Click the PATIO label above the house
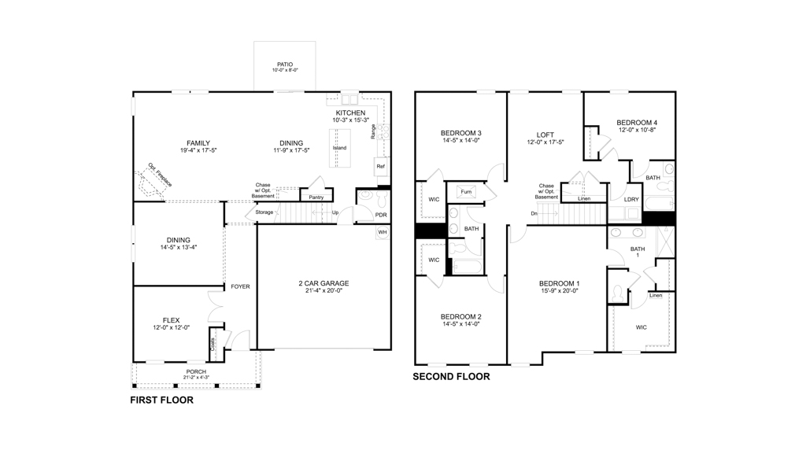tap(285, 65)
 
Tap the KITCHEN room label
tap(349, 113)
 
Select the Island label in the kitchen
tap(339, 148)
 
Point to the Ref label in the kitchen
tap(381, 167)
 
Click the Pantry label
tap(316, 197)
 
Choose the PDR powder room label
tap(381, 215)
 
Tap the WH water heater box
tap(383, 233)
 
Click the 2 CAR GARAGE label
tap(324, 283)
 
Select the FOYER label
tap(240, 286)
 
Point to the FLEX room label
tap(171, 320)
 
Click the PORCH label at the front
tap(196, 371)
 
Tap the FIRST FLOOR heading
tap(161, 400)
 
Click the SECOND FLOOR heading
tap(451, 377)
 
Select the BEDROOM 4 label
tap(636, 123)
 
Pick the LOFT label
tap(545, 135)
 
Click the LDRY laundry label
tap(631, 199)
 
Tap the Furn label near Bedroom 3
tap(466, 192)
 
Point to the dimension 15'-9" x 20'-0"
tap(559, 290)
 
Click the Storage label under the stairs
tap(264, 212)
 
